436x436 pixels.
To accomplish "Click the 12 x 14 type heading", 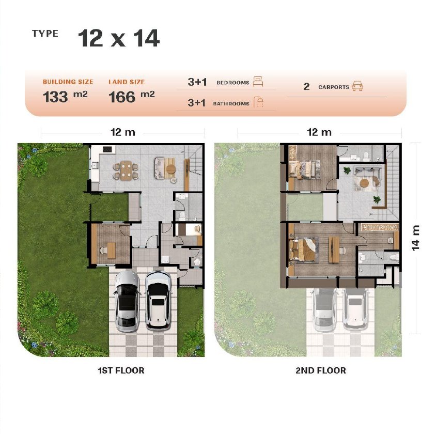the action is [119, 38].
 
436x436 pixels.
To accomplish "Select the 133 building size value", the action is [55, 97].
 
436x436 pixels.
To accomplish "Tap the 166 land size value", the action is [122, 97].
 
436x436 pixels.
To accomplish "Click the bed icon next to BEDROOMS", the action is [258, 82].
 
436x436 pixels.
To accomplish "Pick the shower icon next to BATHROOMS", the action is [259, 102].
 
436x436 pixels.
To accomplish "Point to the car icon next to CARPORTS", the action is [357, 86].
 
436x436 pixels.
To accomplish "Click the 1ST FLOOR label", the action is [121, 371].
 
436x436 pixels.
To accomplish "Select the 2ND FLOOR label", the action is [321, 371].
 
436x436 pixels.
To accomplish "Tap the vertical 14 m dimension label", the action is [415, 238].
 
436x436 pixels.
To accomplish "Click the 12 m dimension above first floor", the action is [122, 132].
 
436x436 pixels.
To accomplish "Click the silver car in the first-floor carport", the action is [128, 301].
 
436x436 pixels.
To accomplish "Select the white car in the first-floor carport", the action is [159, 300].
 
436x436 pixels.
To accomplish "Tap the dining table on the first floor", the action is [126, 170].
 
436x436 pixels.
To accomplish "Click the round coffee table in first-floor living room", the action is [170, 169].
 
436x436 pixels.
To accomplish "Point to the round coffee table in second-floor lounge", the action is [364, 183].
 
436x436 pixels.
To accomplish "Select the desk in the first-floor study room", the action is [111, 250].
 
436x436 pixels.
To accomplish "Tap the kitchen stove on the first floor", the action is [107, 149].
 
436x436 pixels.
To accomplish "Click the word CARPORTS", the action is [334, 87].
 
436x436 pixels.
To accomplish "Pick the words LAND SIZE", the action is [127, 82].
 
